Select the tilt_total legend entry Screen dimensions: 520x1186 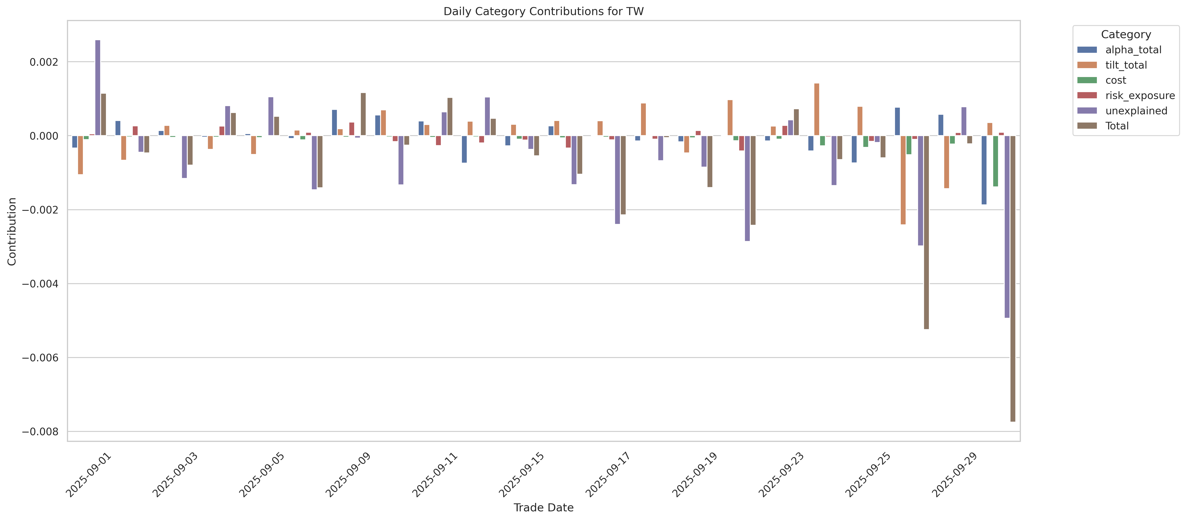[1126, 65]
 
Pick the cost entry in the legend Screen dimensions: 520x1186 [1116, 80]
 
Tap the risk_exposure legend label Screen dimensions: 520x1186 [1139, 95]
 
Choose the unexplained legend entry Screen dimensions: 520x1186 [1136, 111]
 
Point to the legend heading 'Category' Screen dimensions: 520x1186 [1126, 35]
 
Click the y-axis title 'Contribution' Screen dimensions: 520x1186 [12, 231]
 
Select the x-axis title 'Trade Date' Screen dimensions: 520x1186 [543, 508]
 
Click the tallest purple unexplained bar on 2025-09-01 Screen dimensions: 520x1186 [98, 88]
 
